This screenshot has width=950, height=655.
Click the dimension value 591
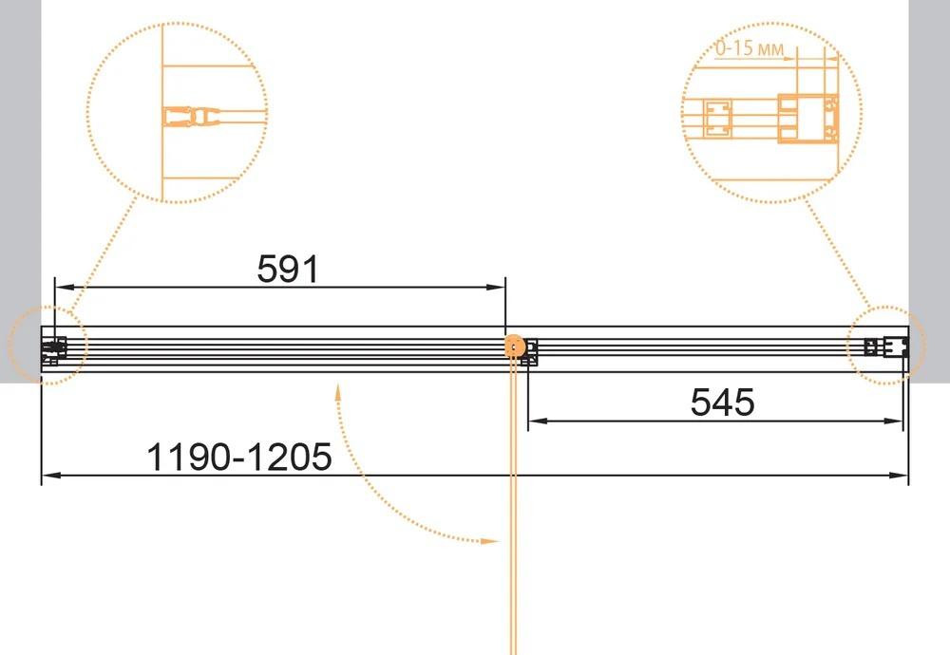click(288, 269)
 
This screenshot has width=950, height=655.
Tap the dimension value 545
click(722, 402)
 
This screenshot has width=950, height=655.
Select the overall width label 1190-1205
click(239, 457)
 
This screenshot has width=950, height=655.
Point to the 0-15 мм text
click(750, 47)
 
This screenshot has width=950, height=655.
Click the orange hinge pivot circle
click(514, 346)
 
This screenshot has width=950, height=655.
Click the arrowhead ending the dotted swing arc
click(489, 540)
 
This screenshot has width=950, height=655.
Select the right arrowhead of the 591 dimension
click(496, 287)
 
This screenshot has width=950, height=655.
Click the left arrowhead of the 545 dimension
click(538, 421)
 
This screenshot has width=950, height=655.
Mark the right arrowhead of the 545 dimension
click(894, 421)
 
